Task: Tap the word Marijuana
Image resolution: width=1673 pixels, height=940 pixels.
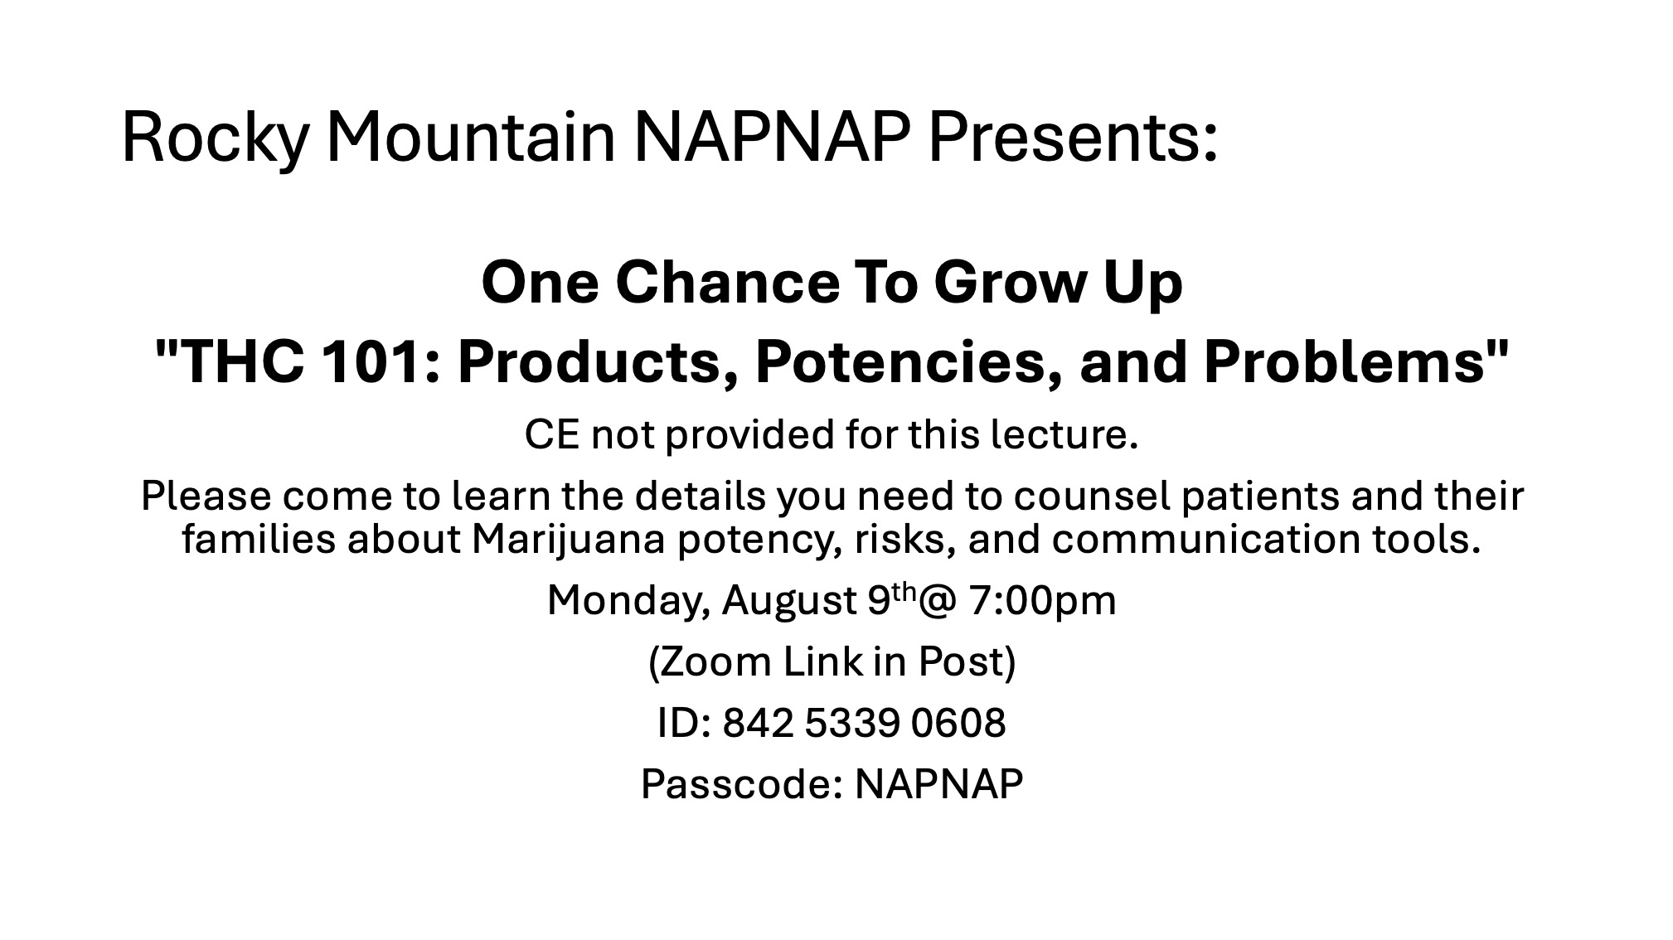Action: point(569,540)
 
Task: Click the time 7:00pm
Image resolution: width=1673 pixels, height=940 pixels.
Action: point(1041,601)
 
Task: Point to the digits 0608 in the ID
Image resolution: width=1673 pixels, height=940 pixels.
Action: point(958,724)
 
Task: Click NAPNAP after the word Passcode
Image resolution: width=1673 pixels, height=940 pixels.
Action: point(938,784)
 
